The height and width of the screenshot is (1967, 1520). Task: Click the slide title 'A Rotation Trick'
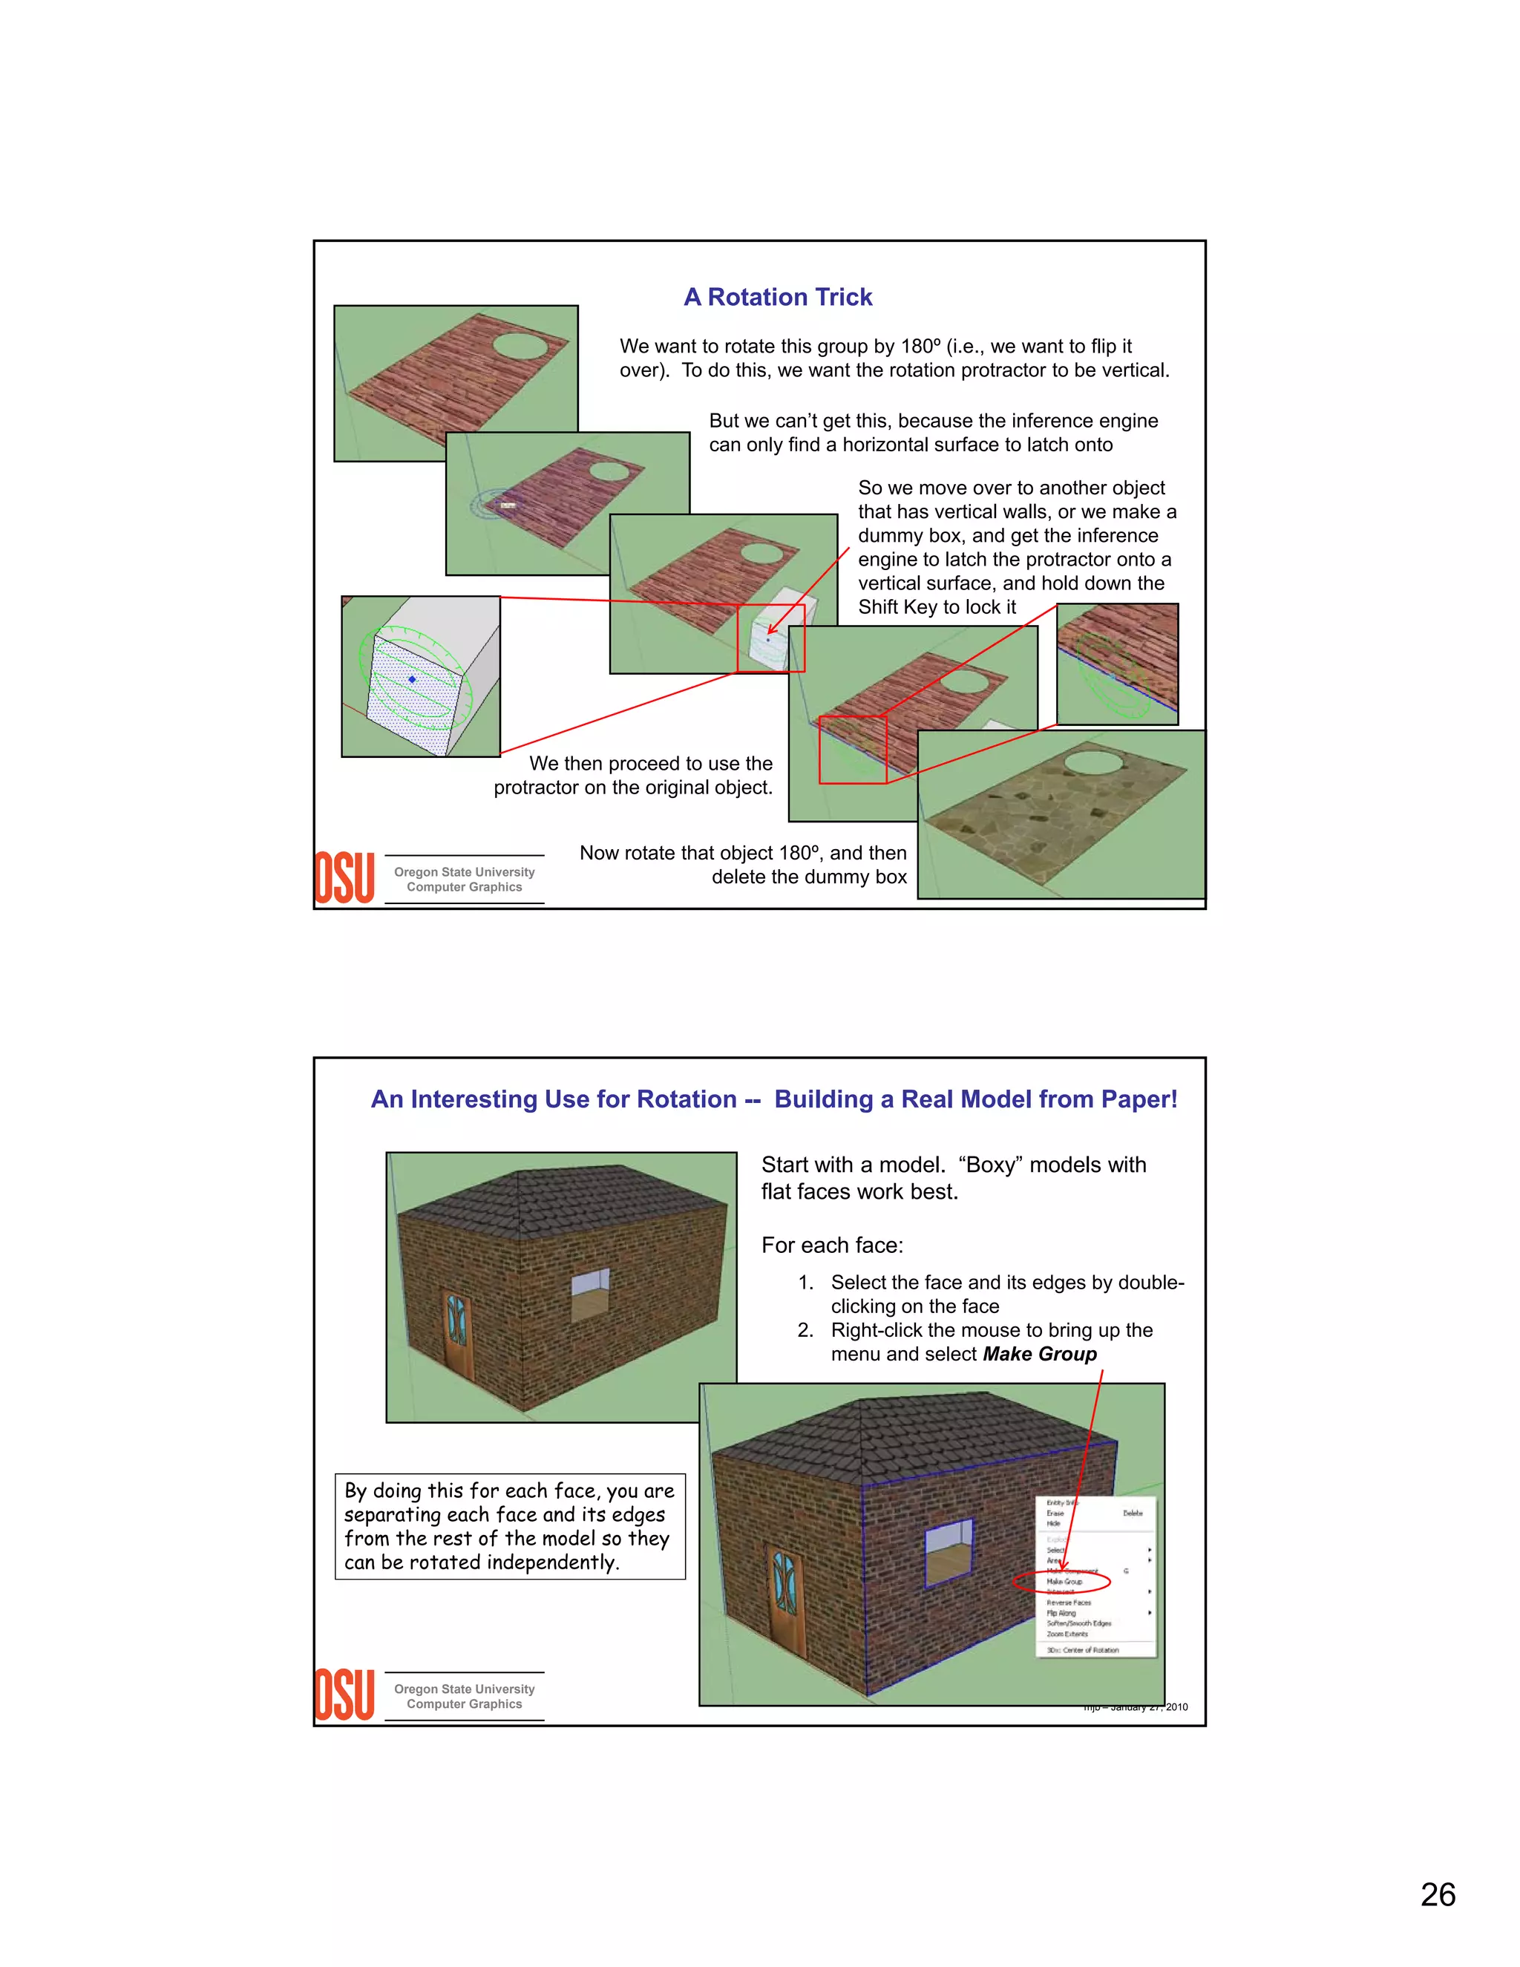(777, 297)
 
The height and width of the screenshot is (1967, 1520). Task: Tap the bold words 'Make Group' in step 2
(1039, 1355)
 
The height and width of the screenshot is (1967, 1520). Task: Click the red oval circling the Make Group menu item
(1061, 1582)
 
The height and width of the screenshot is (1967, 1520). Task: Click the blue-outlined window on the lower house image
(949, 1549)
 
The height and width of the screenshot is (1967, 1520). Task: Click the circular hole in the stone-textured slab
(1094, 762)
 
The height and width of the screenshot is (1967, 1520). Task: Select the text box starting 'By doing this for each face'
(510, 1527)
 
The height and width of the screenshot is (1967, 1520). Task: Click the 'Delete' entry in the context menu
(1132, 1513)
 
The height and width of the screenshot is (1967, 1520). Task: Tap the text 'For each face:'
(832, 1246)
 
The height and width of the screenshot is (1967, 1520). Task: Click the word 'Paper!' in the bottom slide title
(1139, 1100)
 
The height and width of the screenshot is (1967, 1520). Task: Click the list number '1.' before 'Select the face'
(805, 1283)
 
